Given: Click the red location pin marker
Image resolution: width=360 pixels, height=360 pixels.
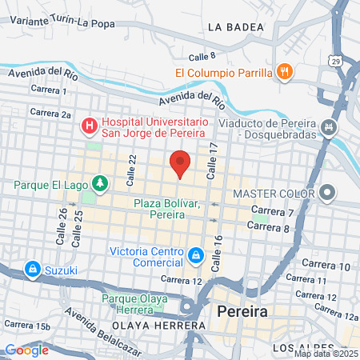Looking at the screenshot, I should pos(180,163).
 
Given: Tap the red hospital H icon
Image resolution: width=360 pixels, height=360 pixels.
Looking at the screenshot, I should pos(90,126).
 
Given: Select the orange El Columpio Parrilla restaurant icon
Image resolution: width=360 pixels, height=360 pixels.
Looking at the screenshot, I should pos(283,73).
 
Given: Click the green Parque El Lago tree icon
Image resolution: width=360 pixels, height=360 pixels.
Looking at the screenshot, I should pos(99,185).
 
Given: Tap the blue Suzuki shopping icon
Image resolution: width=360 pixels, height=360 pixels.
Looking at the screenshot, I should pos(33,269).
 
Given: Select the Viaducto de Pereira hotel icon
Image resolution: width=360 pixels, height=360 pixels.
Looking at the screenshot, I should pos(328,126).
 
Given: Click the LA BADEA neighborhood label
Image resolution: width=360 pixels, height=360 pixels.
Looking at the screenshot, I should pos(235,26).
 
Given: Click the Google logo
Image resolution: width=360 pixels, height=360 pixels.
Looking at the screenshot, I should pos(26,349).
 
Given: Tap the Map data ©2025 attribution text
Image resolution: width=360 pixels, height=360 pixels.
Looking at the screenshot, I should pos(326,354).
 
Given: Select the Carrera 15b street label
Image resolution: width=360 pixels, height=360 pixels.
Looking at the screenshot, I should pos(26,325).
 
